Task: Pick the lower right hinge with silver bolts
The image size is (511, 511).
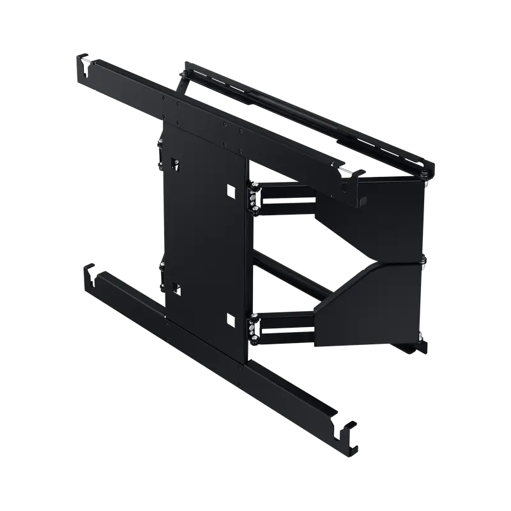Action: tap(254, 327)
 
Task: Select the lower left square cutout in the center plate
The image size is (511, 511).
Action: tap(174, 288)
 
